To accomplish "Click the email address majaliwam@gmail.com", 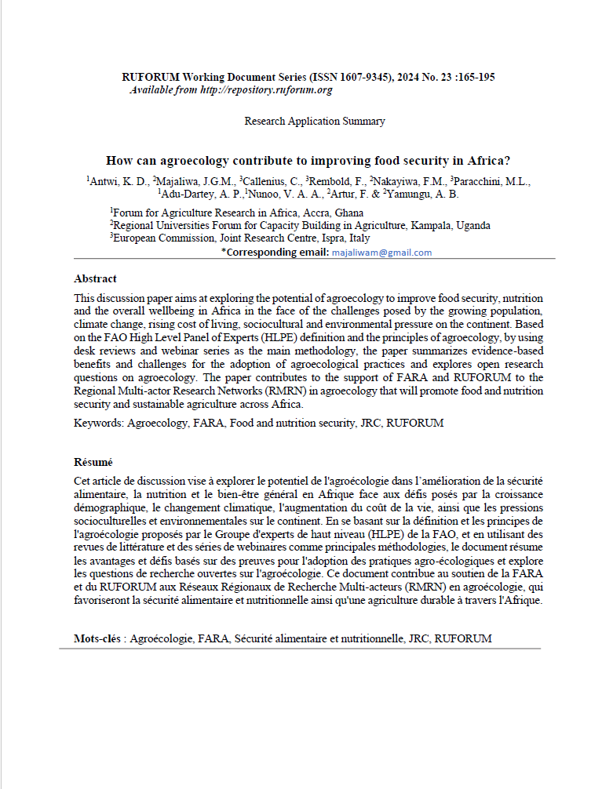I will pyautogui.click(x=381, y=253).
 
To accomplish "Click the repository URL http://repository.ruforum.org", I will pyautogui.click(x=266, y=90).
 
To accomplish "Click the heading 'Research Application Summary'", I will pyautogui.click(x=315, y=122).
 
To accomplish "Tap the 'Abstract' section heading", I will pyautogui.click(x=95, y=278).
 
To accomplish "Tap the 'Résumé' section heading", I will pyautogui.click(x=93, y=462).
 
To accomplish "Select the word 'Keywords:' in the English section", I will pyautogui.click(x=99, y=423).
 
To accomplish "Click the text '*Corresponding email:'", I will pyautogui.click(x=275, y=253).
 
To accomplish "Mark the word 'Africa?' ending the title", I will pyautogui.click(x=489, y=161).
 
